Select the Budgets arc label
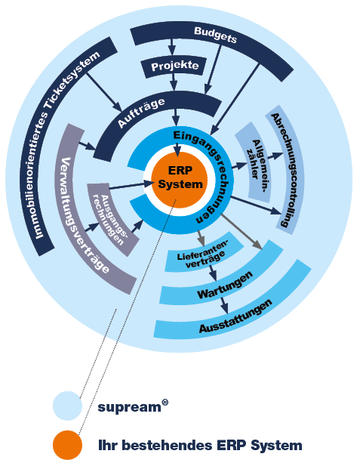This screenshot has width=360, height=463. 216,36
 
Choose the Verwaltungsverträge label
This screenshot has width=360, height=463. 85,215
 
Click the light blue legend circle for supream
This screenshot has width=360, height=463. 67,405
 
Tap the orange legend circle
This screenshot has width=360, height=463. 67,446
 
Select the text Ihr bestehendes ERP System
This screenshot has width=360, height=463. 200,446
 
